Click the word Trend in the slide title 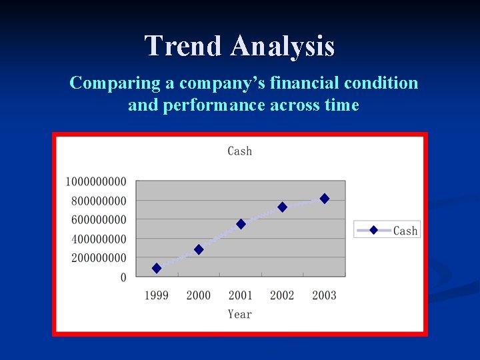click(183, 46)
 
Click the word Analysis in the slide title click(283, 46)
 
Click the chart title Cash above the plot click(240, 151)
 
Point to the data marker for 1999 click(157, 268)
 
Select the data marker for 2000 click(199, 249)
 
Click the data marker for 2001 click(241, 224)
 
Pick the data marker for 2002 click(283, 207)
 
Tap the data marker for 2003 click(325, 199)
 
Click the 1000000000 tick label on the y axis click(96, 182)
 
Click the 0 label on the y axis click(123, 277)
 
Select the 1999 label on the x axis click(157, 295)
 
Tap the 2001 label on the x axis click(241, 295)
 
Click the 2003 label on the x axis click(325, 295)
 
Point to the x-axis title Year click(240, 314)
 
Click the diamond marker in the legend click(373, 230)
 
